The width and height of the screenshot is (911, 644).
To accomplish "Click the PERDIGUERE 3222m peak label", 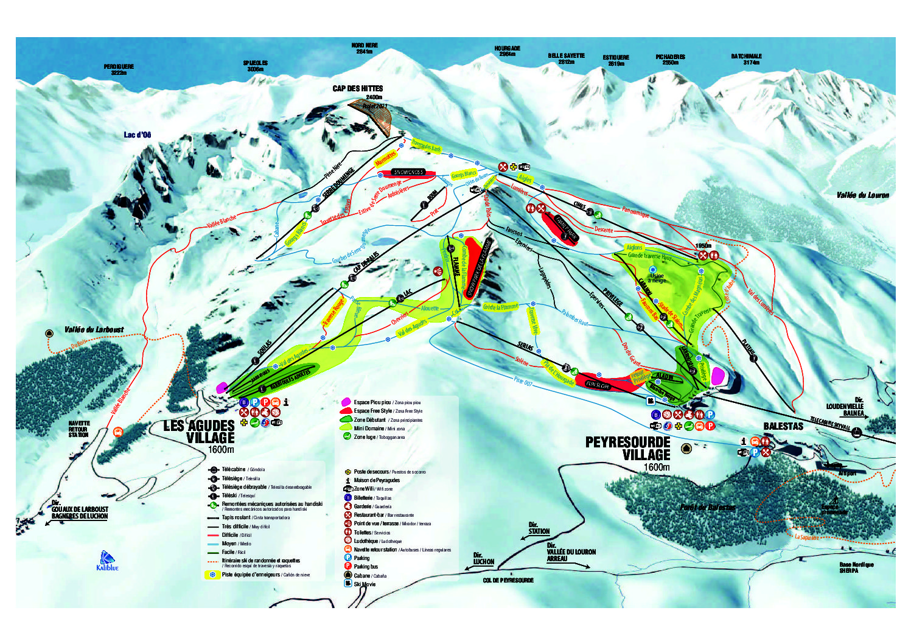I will (x=119, y=69).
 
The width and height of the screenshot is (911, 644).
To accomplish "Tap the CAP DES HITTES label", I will (x=358, y=89).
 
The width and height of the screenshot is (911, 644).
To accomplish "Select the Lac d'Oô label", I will (x=138, y=135).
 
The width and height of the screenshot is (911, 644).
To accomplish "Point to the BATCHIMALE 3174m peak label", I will (x=747, y=59).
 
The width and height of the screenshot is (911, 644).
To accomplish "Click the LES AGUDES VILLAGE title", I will (x=200, y=432).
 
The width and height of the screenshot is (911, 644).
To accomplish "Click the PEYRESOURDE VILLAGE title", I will (x=627, y=448).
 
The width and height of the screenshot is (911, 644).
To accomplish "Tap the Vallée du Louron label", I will (x=862, y=195).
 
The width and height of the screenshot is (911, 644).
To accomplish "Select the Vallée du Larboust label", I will (x=94, y=330).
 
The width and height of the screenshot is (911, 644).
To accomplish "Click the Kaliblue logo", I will (x=108, y=561).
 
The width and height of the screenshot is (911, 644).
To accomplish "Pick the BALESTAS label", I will (x=783, y=426).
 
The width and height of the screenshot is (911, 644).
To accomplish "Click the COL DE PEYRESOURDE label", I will (x=508, y=580).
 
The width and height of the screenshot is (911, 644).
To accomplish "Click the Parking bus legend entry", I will (x=365, y=566).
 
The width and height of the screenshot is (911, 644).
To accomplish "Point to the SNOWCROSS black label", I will (x=408, y=172).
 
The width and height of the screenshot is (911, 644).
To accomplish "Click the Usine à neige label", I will (x=657, y=278).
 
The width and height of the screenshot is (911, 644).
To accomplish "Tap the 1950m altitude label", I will (x=703, y=246).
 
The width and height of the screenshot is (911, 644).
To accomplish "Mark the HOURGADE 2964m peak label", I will (x=507, y=51).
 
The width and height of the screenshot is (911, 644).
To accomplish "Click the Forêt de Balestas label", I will (x=708, y=507).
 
